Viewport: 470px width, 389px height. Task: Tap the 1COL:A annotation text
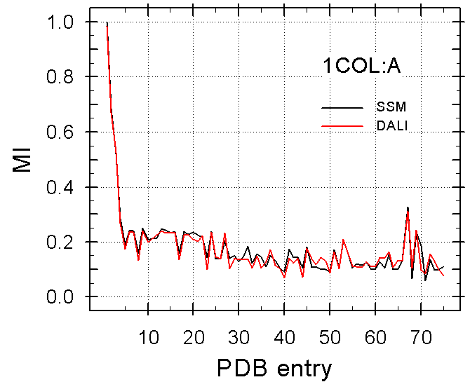(x=361, y=67)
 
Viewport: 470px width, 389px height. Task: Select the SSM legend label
(x=391, y=107)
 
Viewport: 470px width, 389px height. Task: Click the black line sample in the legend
(x=342, y=108)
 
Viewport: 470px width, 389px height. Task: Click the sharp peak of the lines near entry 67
(x=408, y=209)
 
